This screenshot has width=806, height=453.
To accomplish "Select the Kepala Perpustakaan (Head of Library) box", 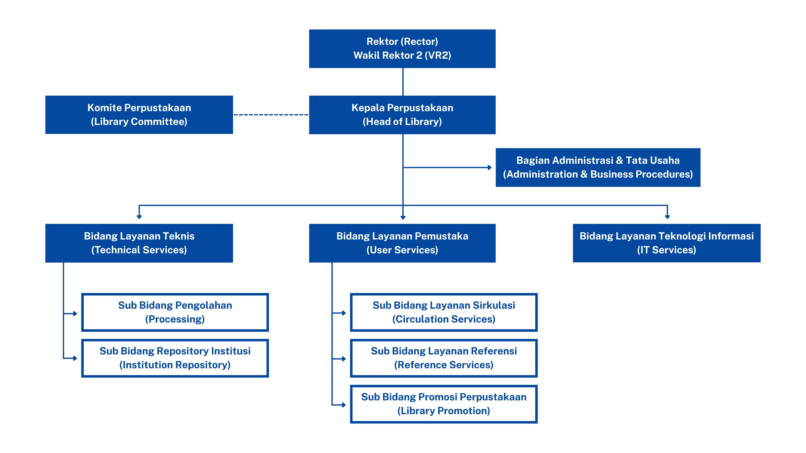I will [x=402, y=115].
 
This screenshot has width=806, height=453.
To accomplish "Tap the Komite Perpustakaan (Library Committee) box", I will [x=139, y=115].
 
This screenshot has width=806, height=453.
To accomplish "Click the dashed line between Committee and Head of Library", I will [x=271, y=115].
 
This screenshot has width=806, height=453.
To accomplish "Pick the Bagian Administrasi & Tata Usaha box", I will [x=598, y=167].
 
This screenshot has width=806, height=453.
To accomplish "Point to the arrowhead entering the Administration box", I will [x=490, y=168].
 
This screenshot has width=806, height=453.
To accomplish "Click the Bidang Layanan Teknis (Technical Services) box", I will [x=139, y=243].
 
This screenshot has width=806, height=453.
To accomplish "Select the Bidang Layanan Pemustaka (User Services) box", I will [x=402, y=243].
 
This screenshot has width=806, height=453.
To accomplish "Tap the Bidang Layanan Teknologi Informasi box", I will [x=666, y=243].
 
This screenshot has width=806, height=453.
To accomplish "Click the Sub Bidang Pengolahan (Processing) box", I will [x=175, y=312].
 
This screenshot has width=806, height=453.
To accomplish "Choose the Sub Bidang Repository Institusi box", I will [x=175, y=358].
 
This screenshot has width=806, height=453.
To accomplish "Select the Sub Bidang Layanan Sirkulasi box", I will [x=444, y=312].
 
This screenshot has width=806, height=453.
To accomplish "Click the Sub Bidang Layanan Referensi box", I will [x=444, y=358].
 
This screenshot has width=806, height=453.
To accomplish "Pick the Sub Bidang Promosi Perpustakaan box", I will [x=444, y=404].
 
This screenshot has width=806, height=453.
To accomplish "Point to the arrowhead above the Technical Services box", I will [x=139, y=217].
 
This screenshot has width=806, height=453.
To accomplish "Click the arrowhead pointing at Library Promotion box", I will [x=344, y=405].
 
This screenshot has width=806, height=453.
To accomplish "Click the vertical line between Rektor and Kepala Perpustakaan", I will [x=403, y=82].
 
